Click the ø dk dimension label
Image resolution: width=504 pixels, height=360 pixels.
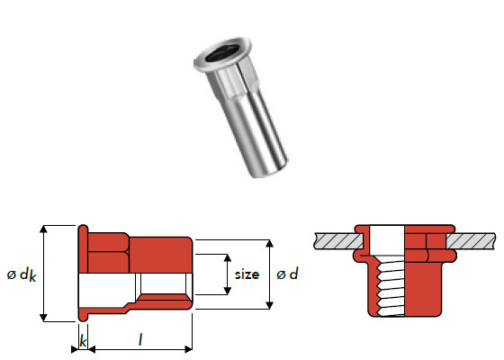(x=22, y=275)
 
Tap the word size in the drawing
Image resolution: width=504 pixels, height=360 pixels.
(x=247, y=274)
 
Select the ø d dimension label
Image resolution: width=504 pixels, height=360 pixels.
(x=287, y=274)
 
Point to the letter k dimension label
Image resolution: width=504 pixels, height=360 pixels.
(x=83, y=341)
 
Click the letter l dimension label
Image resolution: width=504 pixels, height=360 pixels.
(x=140, y=339)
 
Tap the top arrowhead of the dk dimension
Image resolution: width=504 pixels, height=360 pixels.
(x=43, y=229)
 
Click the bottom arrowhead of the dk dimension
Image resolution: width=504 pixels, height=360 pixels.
(x=43, y=318)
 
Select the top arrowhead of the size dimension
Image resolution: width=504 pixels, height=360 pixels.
(x=227, y=257)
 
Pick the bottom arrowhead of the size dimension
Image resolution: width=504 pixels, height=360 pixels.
(x=227, y=291)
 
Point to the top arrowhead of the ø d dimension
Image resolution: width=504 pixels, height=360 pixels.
(x=270, y=243)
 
